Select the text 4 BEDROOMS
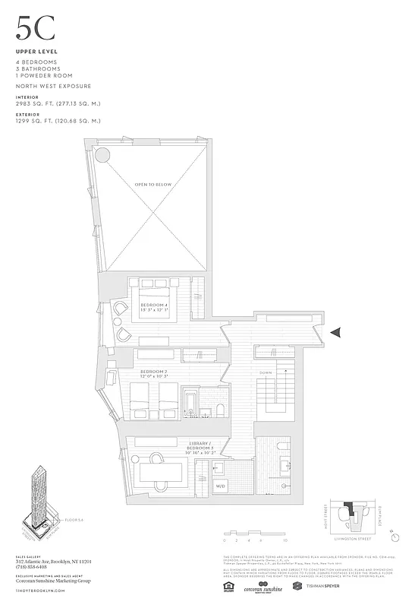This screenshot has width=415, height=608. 36,62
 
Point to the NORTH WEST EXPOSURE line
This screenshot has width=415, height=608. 53,87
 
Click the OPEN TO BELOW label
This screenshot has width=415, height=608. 152,185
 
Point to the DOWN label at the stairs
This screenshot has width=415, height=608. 266,373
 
